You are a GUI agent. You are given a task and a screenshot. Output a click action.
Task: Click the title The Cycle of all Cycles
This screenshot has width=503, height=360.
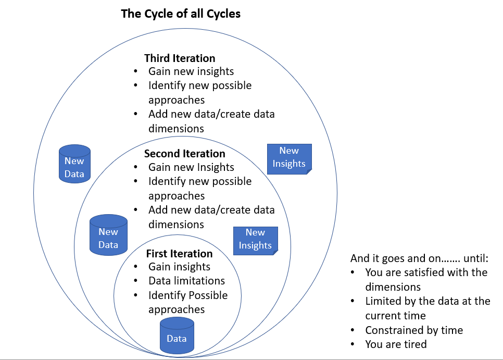(181, 14)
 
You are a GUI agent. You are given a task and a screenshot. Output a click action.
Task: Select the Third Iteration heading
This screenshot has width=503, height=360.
(180, 58)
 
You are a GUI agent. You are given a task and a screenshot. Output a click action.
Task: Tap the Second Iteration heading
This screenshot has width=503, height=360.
(184, 154)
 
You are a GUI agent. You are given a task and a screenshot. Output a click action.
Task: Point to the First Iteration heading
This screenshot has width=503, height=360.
(179, 254)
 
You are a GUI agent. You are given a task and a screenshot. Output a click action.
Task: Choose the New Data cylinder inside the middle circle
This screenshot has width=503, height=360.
(108, 235)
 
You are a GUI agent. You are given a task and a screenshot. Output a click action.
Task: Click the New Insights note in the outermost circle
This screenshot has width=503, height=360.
(289, 157)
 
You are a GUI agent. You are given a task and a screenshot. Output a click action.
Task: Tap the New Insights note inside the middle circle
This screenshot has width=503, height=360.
(255, 240)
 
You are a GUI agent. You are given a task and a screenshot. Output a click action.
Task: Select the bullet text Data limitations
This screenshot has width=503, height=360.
(186, 281)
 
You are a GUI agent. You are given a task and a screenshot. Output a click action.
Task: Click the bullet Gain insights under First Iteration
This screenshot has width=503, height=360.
(179, 267)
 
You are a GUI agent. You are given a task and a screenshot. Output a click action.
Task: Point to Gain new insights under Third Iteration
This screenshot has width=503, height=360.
(191, 71)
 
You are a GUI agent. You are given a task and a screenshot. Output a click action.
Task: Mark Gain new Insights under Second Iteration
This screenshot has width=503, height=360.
(191, 167)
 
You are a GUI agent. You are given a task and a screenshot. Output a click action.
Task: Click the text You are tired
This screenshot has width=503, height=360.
(396, 344)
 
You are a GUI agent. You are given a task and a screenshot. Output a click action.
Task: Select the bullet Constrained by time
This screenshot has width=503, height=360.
(414, 330)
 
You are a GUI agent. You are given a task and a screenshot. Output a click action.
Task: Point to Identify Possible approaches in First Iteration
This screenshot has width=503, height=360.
(188, 302)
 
